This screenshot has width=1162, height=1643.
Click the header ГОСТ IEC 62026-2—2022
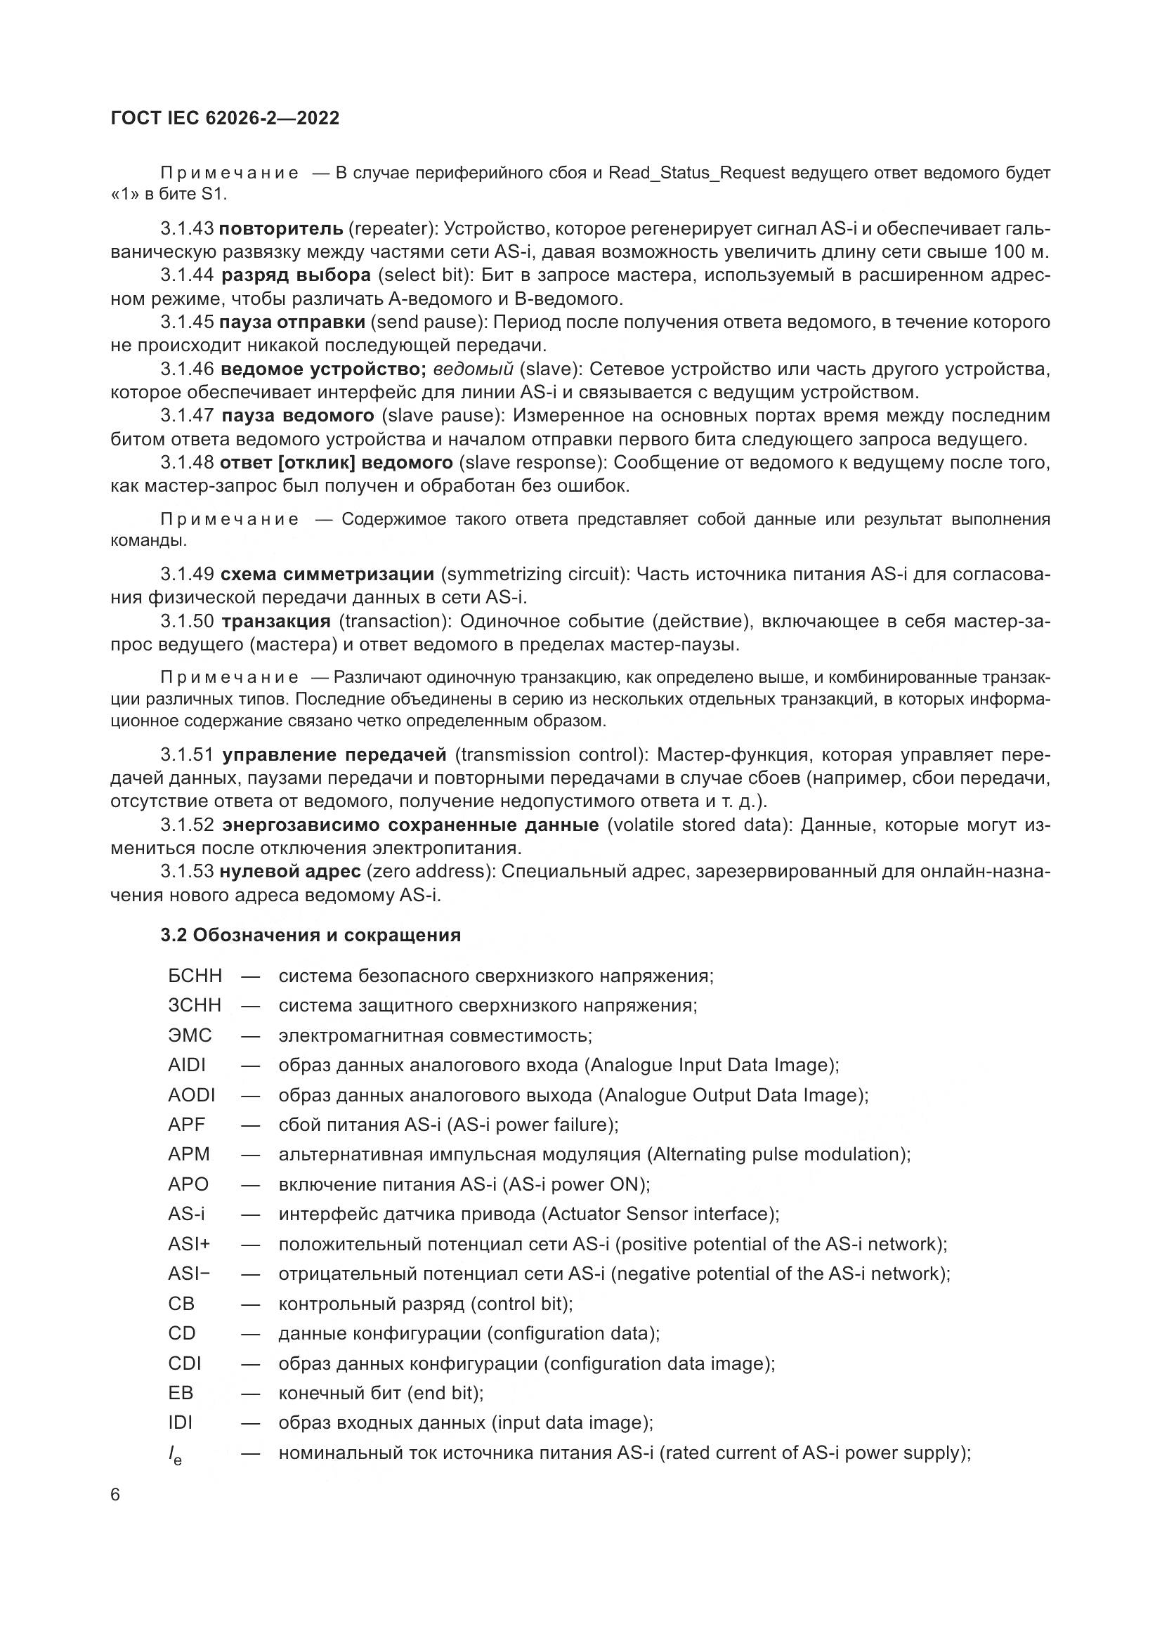[225, 118]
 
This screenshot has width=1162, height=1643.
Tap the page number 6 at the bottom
[115, 1495]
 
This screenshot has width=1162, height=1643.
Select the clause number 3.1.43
[187, 229]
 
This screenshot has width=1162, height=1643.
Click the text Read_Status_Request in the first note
[696, 174]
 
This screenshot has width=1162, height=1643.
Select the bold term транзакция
[275, 620]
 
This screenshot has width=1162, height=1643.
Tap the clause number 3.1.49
[187, 574]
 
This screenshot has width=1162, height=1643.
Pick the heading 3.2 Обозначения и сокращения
[311, 934]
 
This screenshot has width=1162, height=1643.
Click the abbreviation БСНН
[195, 976]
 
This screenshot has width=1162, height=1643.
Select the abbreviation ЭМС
[190, 1035]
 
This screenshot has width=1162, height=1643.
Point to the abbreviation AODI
[191, 1095]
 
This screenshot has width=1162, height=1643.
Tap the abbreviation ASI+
[189, 1244]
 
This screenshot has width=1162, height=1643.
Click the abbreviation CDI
[185, 1363]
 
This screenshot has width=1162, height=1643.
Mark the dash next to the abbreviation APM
[249, 1154]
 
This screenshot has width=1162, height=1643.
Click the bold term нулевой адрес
[289, 871]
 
